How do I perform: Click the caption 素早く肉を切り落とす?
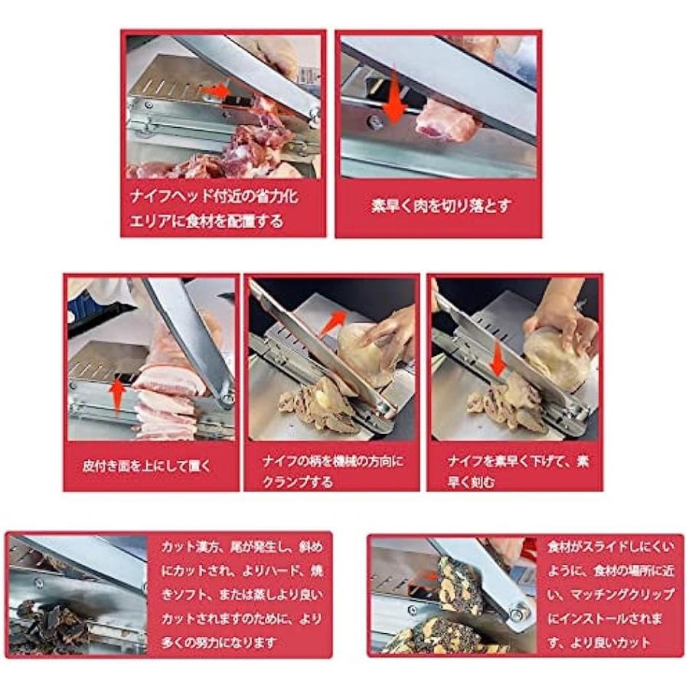[x=440, y=206]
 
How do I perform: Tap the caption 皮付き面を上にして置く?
[x=147, y=465]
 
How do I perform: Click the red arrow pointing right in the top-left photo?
[x=215, y=91]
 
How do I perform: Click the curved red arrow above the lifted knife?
[x=333, y=322]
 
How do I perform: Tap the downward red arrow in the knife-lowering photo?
[x=498, y=360]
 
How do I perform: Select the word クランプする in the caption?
[x=297, y=482]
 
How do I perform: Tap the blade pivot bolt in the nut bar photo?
[x=518, y=612]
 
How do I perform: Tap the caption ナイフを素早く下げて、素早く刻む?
[x=518, y=471]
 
